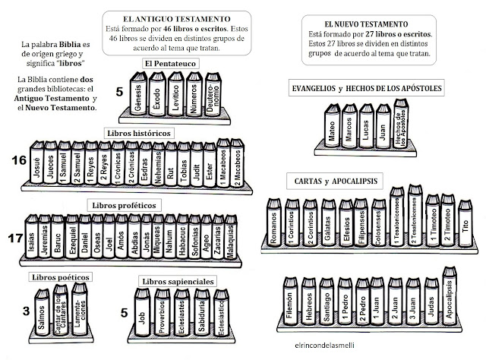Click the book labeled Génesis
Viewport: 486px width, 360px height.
click(x=137, y=96)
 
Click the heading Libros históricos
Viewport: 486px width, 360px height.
click(x=137, y=131)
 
